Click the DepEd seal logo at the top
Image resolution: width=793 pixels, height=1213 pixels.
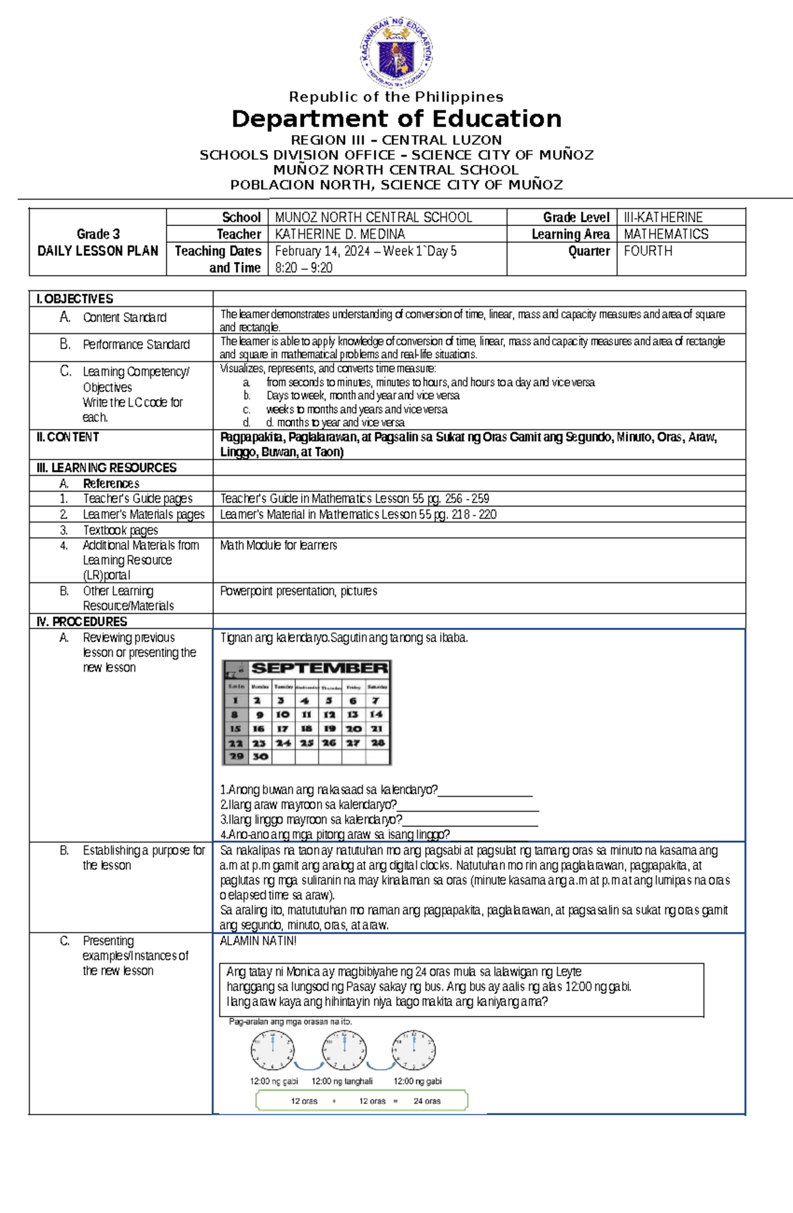[397, 52]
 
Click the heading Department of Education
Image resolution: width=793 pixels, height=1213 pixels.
[397, 119]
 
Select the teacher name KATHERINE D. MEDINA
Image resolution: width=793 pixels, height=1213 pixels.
[340, 234]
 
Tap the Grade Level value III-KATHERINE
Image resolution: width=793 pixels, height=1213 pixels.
[663, 217]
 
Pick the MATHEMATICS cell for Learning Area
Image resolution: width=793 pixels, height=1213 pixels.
[665, 234]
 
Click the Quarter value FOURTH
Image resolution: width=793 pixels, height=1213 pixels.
[648, 251]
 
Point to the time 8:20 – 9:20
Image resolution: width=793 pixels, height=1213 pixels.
[303, 268]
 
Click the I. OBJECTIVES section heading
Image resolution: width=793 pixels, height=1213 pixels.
[75, 299]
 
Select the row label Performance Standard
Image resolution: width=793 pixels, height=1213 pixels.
[135, 344]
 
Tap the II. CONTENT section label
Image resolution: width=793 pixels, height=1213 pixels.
[68, 437]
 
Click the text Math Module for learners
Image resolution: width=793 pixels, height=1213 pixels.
[278, 545]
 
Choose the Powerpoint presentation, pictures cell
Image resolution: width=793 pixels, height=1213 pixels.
[298, 591]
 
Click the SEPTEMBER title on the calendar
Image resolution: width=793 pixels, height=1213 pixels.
[319, 668]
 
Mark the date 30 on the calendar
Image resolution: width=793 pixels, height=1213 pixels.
[260, 756]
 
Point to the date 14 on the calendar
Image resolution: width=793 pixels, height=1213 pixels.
[376, 715]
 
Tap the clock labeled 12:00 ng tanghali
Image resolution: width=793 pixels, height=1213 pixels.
[344, 1050]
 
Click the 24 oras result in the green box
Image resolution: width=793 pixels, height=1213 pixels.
[427, 1101]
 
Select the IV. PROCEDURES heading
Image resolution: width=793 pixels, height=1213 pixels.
[82, 621]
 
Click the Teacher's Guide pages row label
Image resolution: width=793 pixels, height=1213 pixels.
[137, 498]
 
